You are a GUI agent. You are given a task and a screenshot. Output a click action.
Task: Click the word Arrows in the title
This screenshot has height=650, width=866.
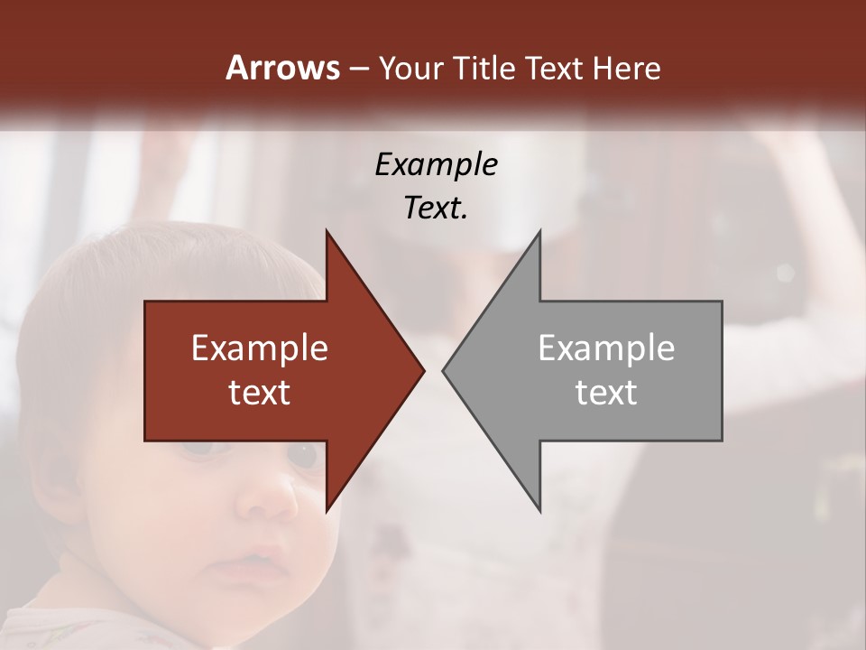(x=281, y=68)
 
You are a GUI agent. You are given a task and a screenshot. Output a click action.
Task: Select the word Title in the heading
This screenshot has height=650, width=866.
(x=487, y=68)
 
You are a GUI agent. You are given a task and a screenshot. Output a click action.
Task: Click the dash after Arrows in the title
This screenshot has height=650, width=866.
(x=358, y=69)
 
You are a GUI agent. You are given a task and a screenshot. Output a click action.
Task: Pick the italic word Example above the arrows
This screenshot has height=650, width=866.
(x=436, y=164)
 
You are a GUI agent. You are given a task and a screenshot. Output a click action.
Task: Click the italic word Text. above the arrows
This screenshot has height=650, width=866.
(x=436, y=208)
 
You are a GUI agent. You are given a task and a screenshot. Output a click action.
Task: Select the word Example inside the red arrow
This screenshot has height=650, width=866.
(x=259, y=348)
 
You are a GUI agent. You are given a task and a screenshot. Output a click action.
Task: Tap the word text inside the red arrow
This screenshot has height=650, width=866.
(x=259, y=393)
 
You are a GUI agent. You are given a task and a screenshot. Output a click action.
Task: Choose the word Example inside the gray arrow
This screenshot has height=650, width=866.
(x=606, y=348)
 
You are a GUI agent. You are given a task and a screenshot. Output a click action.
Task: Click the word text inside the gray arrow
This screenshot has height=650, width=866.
(x=606, y=393)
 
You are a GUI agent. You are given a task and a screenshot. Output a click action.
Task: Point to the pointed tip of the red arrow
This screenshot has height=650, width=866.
(x=424, y=370)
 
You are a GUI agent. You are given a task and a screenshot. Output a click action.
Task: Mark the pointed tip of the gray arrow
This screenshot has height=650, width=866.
(x=443, y=370)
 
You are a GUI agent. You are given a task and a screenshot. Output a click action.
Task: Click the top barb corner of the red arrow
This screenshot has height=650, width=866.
(x=327, y=231)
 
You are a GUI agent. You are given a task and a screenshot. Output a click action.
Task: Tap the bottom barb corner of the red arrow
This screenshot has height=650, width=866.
(x=327, y=511)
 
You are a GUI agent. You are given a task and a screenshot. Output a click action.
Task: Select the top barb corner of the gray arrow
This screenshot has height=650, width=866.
(x=539, y=231)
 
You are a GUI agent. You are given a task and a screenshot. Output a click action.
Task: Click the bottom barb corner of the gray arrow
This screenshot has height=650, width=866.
(x=539, y=511)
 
